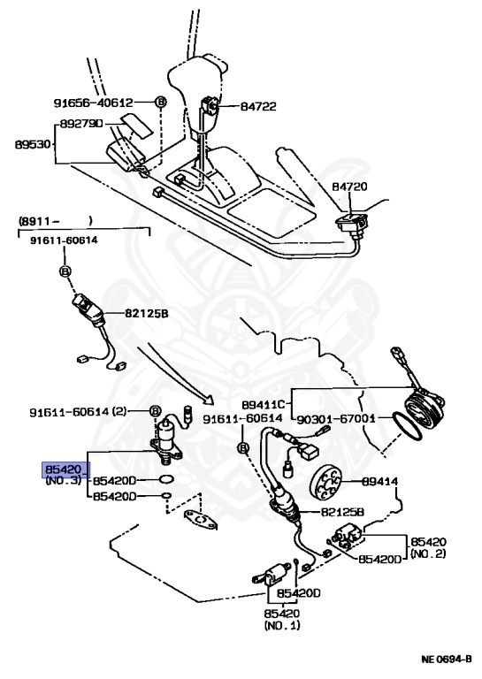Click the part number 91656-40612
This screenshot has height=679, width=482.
[110, 102]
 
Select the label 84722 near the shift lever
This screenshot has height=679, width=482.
[258, 106]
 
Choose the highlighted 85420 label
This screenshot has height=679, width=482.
[65, 469]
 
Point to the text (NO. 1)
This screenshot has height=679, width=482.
[282, 625]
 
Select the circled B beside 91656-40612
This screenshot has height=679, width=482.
[161, 102]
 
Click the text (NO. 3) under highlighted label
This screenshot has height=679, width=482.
[64, 481]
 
